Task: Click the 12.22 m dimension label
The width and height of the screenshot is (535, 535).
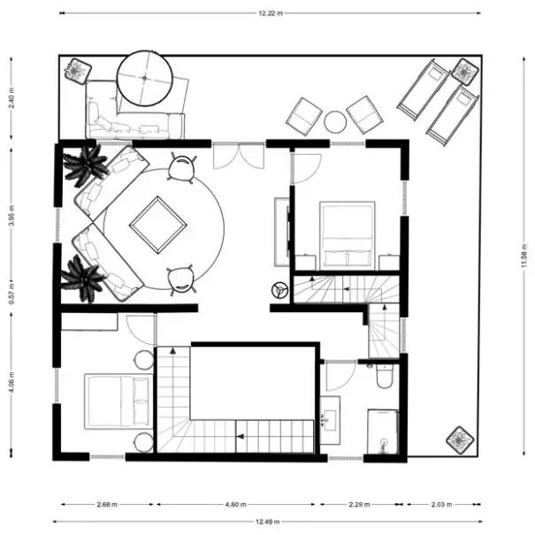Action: pos(271,13)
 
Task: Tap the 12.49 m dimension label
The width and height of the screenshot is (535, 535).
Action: pos(267,522)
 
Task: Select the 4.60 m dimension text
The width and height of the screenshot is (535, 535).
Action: pos(235,504)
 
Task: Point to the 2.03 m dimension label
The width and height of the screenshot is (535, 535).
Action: pos(441,504)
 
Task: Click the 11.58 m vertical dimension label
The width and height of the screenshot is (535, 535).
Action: pos(524,256)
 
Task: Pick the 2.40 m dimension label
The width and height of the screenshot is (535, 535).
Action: pos(11,98)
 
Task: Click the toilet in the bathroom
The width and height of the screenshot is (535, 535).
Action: pos(384,377)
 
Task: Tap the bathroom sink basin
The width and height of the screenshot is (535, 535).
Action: pos(330,420)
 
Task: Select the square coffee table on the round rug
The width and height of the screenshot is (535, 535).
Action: pos(158,225)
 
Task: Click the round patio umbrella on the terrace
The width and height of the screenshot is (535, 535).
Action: pos(144,78)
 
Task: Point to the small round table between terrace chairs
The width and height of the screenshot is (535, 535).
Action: pos(335,122)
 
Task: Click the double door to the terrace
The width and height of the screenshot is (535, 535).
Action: pos(239,156)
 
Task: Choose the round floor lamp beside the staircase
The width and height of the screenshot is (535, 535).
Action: pos(279,290)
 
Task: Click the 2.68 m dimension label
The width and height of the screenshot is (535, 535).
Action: pos(107,504)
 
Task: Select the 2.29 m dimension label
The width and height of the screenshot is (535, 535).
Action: pos(360,504)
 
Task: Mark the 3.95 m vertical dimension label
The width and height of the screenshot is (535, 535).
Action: pos(11,216)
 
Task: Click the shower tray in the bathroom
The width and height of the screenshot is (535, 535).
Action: pos(383,432)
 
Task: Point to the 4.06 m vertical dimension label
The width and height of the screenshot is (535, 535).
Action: pos(11,381)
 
